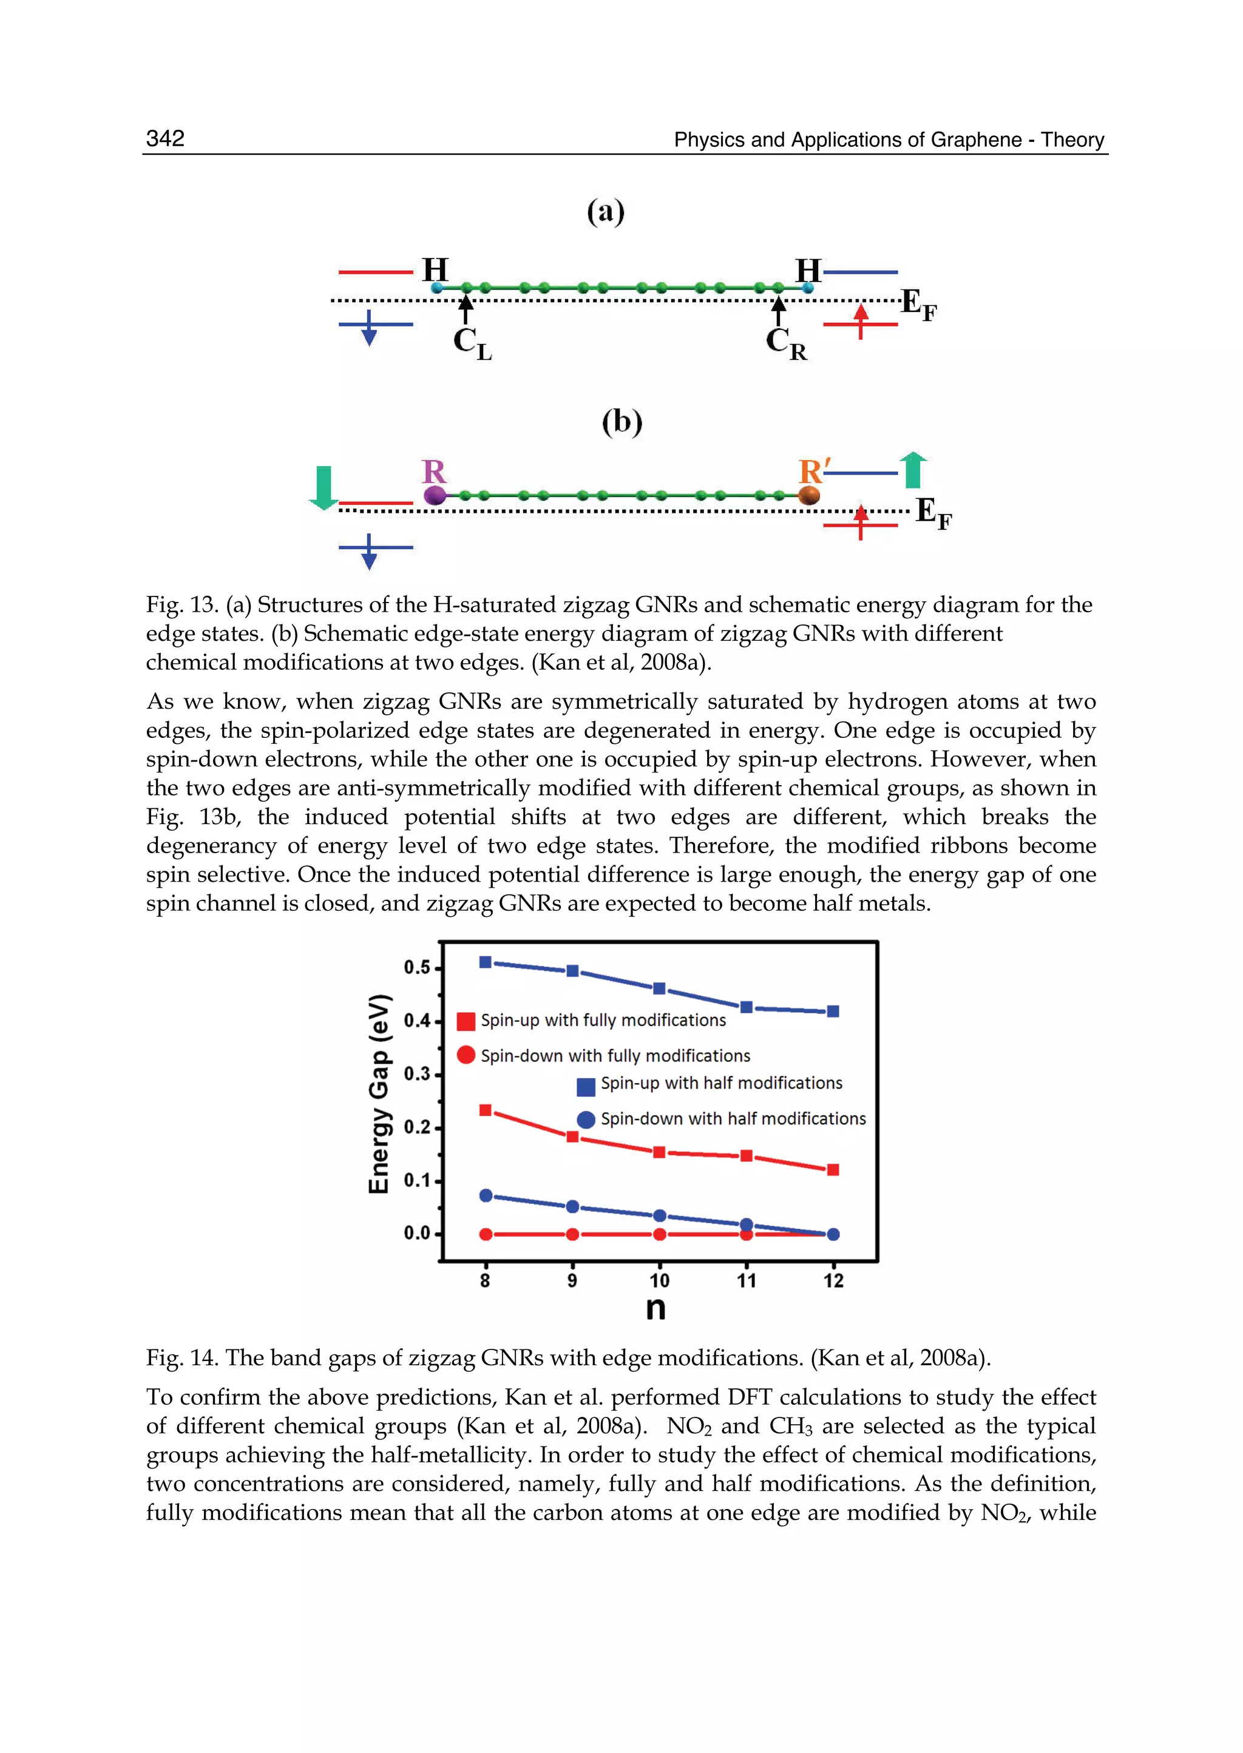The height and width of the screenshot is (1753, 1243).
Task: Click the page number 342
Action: tap(164, 138)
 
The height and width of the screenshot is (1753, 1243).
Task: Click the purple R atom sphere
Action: tap(435, 495)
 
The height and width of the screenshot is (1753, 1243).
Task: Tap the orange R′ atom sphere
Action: tap(809, 495)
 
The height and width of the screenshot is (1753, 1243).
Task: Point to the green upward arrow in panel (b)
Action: tap(912, 470)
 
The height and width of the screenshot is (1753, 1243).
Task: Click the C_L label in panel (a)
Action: tap(472, 343)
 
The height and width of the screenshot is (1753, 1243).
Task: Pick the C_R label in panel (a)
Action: tap(785, 343)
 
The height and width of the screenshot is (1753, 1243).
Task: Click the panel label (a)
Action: tap(606, 211)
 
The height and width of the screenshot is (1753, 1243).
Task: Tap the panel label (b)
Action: tap(621, 422)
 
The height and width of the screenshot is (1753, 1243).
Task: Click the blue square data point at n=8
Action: tap(486, 962)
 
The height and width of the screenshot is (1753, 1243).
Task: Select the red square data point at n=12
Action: tap(833, 1169)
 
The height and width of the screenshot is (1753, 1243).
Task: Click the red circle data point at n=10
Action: tap(659, 1234)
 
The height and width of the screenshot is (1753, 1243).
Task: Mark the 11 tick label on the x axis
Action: tap(747, 1281)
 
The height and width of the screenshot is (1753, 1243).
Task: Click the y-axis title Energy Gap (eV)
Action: tap(379, 1093)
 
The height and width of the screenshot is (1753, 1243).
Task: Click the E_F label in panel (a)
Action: tap(918, 304)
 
